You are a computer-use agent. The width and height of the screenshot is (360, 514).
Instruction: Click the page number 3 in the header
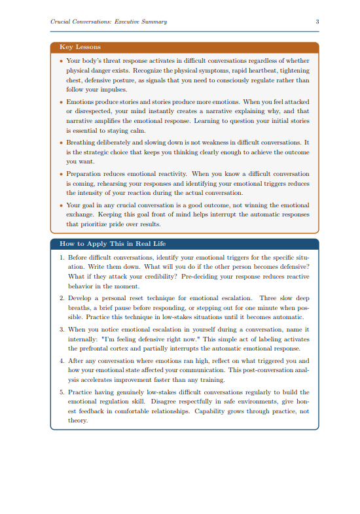317,22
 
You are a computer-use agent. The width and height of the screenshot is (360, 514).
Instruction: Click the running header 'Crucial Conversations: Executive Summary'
109,22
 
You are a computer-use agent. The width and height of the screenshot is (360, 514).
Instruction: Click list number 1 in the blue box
62,258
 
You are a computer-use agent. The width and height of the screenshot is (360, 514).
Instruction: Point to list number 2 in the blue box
62,297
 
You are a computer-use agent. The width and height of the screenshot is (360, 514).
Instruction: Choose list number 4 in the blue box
62,360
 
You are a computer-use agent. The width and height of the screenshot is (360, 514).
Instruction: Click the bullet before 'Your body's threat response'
62,60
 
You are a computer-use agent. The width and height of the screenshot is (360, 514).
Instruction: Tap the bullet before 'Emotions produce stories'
62,102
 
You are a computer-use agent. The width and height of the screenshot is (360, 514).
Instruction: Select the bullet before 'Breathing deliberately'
62,142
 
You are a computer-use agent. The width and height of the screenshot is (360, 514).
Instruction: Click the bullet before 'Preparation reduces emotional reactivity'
62,174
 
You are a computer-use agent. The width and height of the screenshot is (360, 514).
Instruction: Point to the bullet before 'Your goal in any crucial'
62,205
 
